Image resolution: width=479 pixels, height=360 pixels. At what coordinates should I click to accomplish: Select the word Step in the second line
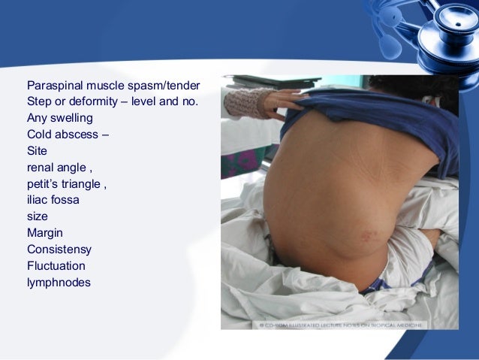39,101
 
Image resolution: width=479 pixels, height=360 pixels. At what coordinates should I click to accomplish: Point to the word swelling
72,118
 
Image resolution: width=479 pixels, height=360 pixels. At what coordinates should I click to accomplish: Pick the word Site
37,151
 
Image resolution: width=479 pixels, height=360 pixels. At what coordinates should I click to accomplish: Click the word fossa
65,201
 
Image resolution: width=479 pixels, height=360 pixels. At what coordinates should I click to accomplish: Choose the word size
38,217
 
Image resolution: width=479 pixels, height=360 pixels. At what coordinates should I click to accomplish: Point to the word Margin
45,234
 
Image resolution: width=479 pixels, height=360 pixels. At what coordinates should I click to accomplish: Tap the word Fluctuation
56,266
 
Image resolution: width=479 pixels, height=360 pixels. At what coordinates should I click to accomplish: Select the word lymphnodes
59,283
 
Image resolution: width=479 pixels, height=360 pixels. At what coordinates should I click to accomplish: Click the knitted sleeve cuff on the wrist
248,101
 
